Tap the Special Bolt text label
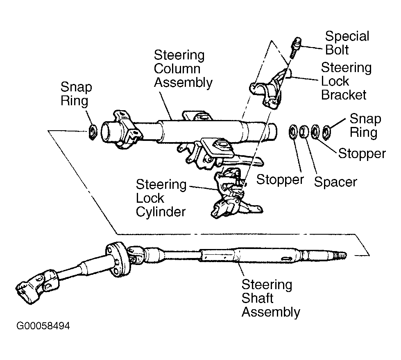(x=347, y=43)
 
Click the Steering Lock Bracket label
(x=346, y=81)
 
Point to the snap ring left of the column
(x=92, y=132)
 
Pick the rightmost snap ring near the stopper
(x=326, y=132)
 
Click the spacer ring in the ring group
(x=304, y=131)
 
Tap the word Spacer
(x=335, y=182)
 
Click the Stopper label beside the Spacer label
(x=280, y=179)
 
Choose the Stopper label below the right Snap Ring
(x=362, y=154)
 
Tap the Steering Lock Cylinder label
(x=161, y=198)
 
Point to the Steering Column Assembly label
(x=183, y=69)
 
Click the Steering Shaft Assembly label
(x=271, y=298)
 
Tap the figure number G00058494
(x=43, y=326)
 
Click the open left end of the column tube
(x=108, y=132)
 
